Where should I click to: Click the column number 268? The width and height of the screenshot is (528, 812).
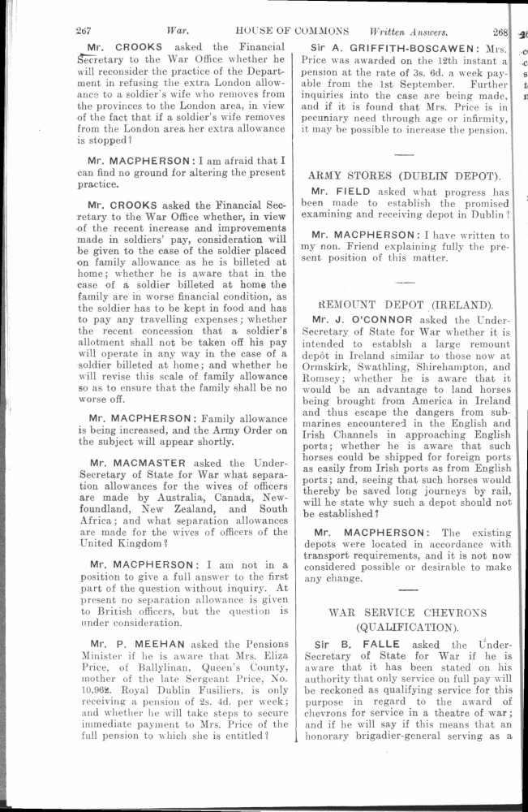click(x=494, y=34)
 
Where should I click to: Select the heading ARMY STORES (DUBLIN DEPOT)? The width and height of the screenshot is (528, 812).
click(x=404, y=175)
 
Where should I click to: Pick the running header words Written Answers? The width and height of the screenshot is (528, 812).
click(x=409, y=34)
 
